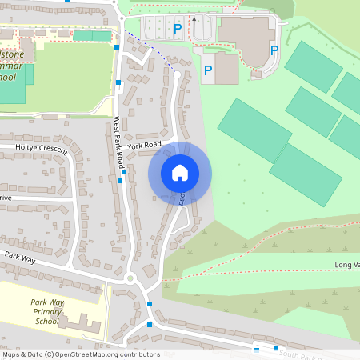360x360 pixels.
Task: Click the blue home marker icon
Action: coord(180,173)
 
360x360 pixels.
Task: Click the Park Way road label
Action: coord(22,257)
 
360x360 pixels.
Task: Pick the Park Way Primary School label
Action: coord(47,311)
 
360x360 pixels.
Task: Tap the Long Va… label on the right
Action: coord(346,265)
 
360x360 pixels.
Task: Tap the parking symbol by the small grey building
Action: coord(208,70)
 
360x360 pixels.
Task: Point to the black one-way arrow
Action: coord(193,22)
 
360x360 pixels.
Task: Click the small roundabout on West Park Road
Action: coord(130,279)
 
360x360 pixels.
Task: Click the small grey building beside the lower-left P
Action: coord(226,69)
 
